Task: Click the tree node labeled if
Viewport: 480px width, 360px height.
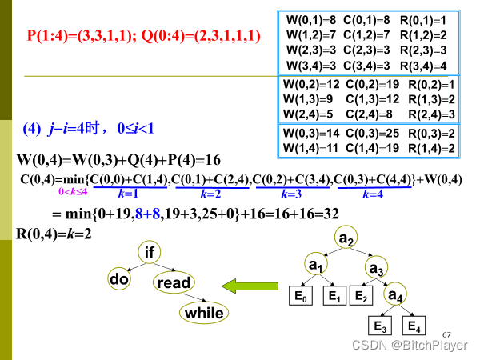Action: tap(149, 254)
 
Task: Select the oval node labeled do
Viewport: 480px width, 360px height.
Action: tap(119, 279)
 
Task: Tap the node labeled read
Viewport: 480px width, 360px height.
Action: tap(174, 282)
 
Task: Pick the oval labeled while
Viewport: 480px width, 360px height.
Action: tap(204, 313)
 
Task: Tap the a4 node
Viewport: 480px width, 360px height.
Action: tap(396, 296)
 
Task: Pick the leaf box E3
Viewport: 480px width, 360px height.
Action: tap(380, 326)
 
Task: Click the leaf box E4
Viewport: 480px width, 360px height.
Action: tap(413, 326)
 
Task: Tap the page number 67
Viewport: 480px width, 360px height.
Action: tap(446, 333)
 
